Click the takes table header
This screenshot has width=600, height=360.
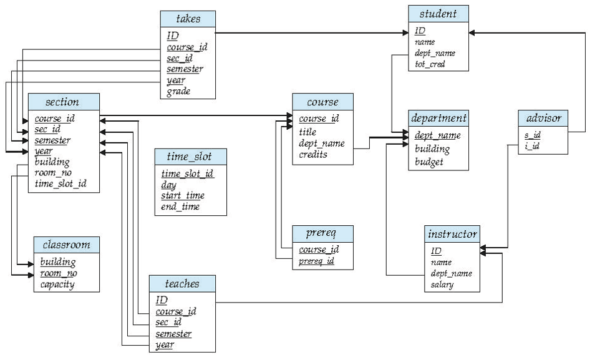click(188, 19)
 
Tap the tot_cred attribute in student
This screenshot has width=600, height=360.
click(430, 64)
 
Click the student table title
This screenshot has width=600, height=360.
click(438, 14)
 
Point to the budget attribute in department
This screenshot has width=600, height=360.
click(429, 162)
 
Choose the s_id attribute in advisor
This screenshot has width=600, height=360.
click(532, 135)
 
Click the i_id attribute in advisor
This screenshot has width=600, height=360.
click(531, 147)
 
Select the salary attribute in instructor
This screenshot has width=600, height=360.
click(441, 285)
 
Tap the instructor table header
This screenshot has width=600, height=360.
click(452, 235)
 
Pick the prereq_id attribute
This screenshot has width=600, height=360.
click(317, 261)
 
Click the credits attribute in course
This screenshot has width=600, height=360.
click(313, 154)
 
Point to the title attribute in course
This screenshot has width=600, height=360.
click(307, 132)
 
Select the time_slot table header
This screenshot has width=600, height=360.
click(190, 157)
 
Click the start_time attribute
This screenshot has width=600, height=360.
click(183, 196)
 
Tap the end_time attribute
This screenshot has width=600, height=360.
click(180, 207)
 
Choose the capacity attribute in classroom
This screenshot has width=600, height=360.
click(57, 285)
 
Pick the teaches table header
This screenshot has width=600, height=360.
click(182, 284)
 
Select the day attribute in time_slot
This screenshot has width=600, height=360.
click(168, 185)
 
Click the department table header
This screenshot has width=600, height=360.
click(439, 118)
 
